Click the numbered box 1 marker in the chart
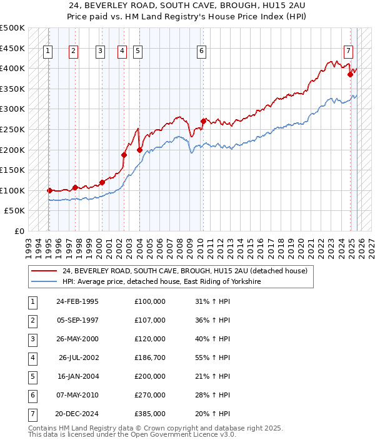[x=48, y=52]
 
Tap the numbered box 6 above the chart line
[x=202, y=52]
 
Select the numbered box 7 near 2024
[x=348, y=52]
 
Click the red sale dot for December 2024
[x=351, y=74]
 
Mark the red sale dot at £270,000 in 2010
[x=203, y=121]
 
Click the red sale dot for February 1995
[x=49, y=190]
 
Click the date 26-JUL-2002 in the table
[x=79, y=358]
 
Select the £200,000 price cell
[x=150, y=377]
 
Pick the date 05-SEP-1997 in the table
[x=77, y=320]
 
